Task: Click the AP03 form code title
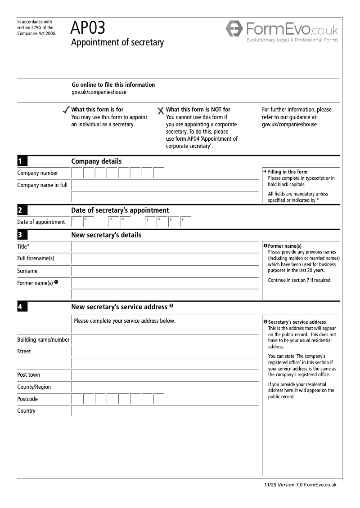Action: pyautogui.click(x=88, y=28)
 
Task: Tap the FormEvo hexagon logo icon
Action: pyautogui.click(x=234, y=29)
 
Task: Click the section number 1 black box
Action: pyautogui.click(x=22, y=161)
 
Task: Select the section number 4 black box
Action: pyautogui.click(x=22, y=307)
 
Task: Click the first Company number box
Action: pyautogui.click(x=77, y=173)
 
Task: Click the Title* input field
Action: pyautogui.click(x=165, y=247)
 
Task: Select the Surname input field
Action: pyautogui.click(x=165, y=271)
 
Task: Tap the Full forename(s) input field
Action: pyautogui.click(x=165, y=259)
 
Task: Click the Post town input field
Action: pyautogui.click(x=165, y=375)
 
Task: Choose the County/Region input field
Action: pyautogui.click(x=165, y=387)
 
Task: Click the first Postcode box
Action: pyautogui.click(x=77, y=399)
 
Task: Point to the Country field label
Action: pyautogui.click(x=26, y=411)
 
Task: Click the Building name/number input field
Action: pyautogui.click(x=165, y=340)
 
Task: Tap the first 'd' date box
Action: pyautogui.click(x=77, y=222)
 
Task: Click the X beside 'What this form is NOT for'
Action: pyautogui.click(x=161, y=111)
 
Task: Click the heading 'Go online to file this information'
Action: pyautogui.click(x=113, y=85)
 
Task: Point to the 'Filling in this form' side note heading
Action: pyautogui.click(x=288, y=172)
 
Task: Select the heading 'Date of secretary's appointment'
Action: pyautogui.click(x=120, y=210)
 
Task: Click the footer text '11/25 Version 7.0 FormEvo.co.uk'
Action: pyautogui.click(x=300, y=485)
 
